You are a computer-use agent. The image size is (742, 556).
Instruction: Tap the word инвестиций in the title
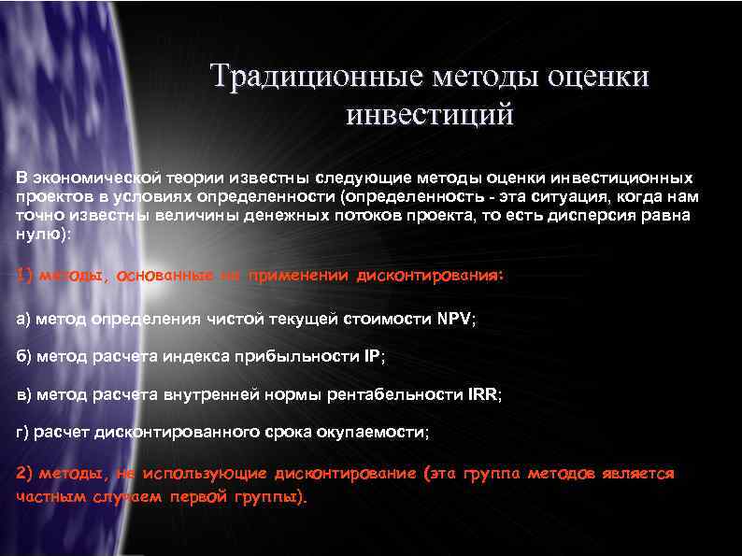pos(430,116)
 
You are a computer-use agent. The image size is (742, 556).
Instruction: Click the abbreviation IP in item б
pos(372,357)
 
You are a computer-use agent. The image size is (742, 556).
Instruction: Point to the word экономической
pos(90,178)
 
